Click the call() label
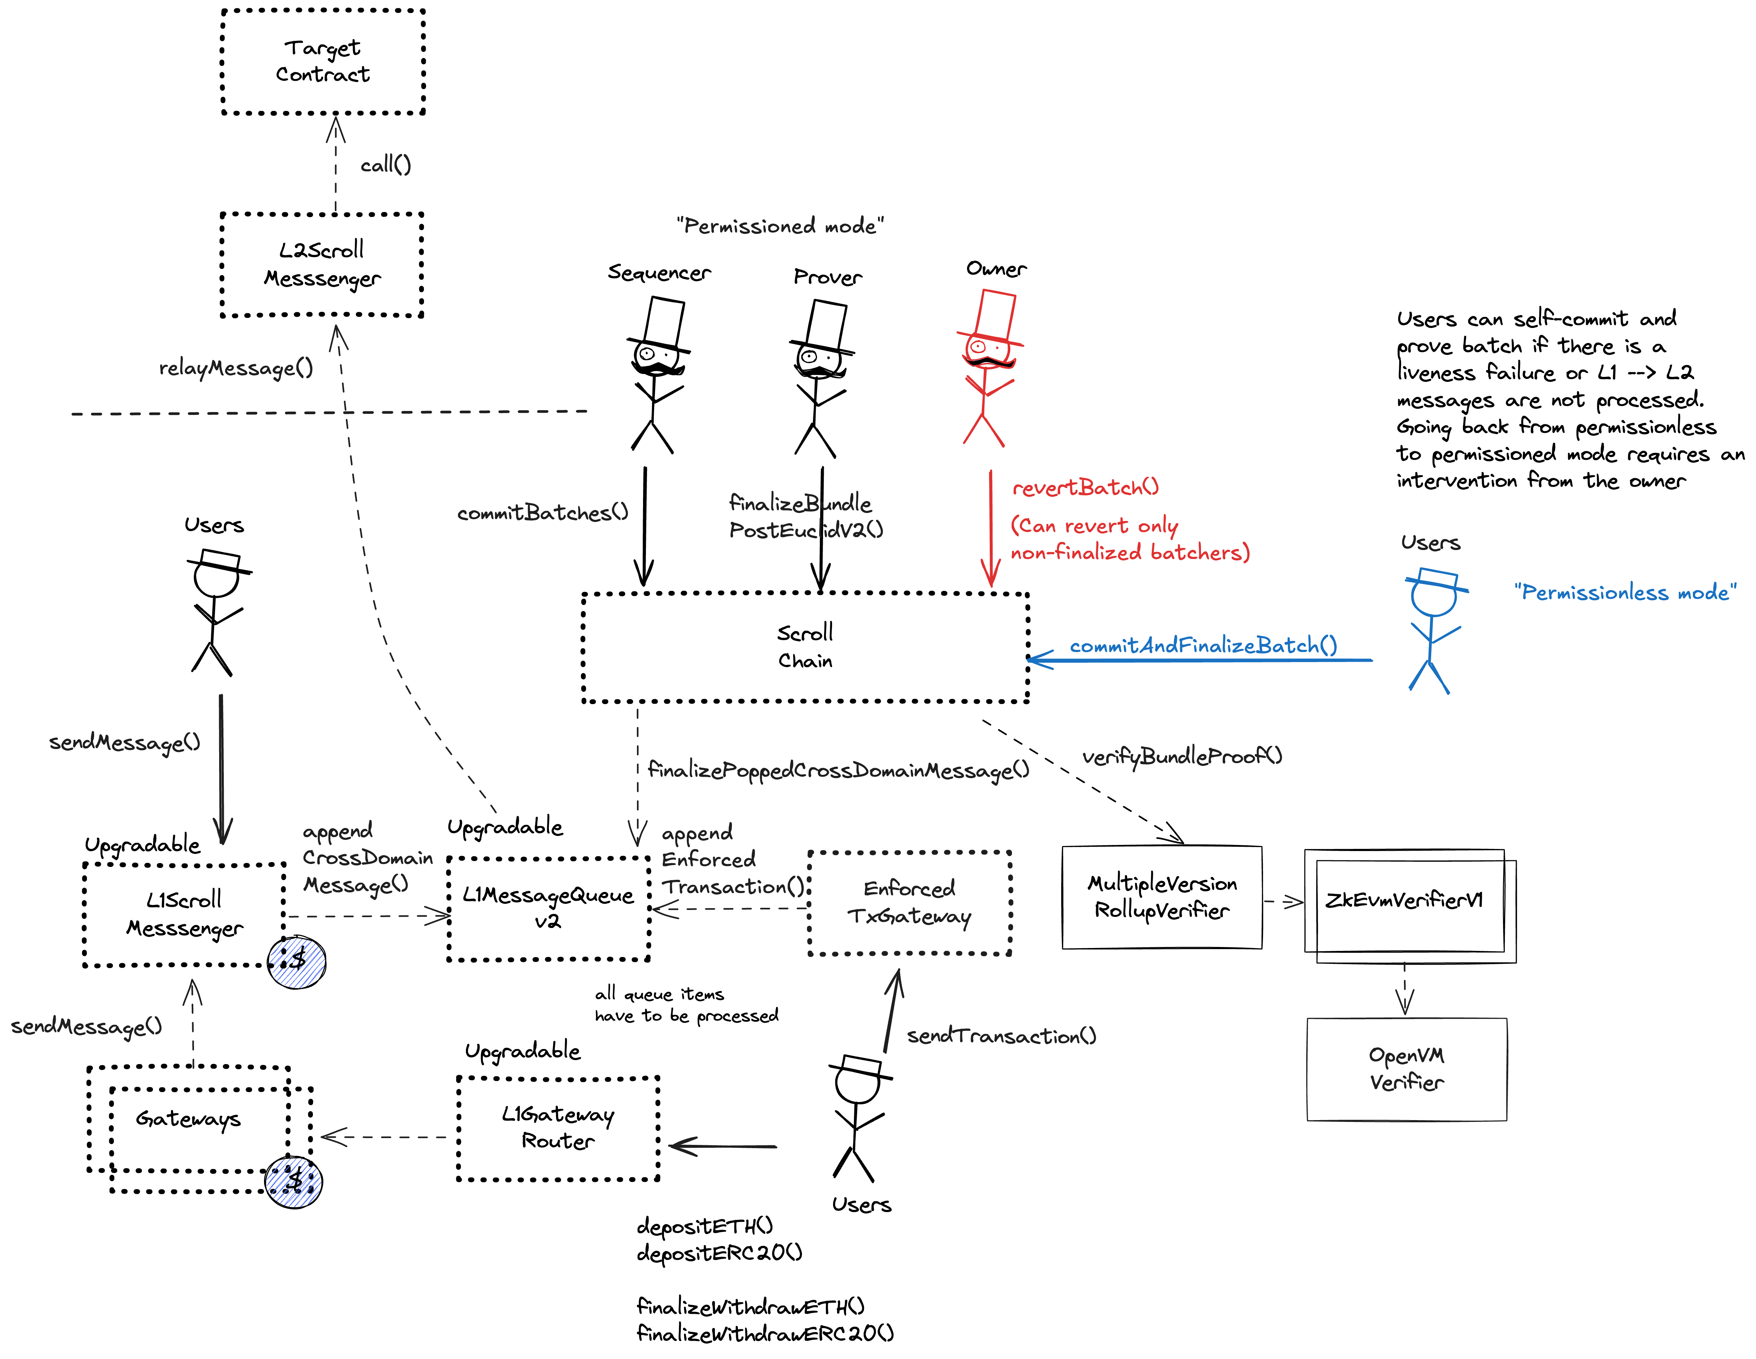[x=385, y=165]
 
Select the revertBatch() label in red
[x=1085, y=487]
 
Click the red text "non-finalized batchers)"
[x=1130, y=553]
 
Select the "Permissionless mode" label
[x=1624, y=593]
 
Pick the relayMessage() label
[x=236, y=368]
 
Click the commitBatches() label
[x=542, y=513]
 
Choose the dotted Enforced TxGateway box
[x=909, y=902]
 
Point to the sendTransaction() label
[x=1001, y=1036]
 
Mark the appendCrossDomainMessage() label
[x=367, y=858]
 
